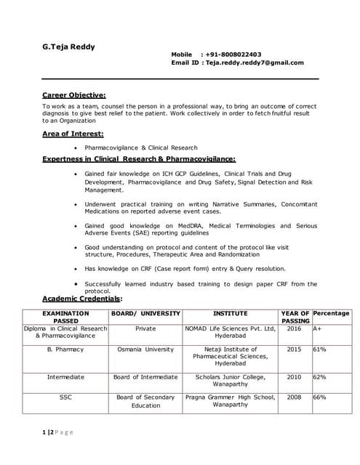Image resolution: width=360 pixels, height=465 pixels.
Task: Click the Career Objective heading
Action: (73, 94)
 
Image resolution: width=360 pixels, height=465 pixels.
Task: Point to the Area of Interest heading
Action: (73, 134)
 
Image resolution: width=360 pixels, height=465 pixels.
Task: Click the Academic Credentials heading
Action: (82, 299)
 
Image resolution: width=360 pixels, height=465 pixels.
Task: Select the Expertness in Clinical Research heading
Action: (138, 158)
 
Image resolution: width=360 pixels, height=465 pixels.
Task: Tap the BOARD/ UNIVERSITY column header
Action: (145, 313)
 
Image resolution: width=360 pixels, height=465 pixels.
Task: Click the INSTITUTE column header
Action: (230, 313)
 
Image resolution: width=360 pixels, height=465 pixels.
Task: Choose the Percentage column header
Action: (331, 313)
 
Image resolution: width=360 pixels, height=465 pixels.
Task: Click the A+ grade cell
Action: (317, 328)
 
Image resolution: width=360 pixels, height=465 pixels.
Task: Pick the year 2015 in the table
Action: (295, 349)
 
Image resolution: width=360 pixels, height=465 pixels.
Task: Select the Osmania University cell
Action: (145, 349)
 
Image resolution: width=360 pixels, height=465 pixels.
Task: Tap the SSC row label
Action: (65, 397)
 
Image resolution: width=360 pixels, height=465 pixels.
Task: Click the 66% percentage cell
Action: (319, 397)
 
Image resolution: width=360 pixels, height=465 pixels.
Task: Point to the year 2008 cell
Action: (295, 397)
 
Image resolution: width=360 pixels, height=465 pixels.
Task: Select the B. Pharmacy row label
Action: (65, 349)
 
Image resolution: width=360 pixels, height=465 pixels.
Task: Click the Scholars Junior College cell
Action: (230, 381)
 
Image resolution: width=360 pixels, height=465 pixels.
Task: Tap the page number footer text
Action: (57, 432)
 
